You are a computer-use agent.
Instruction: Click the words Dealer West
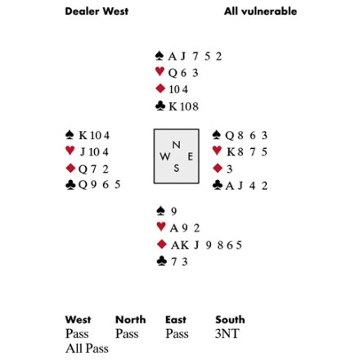click(97, 11)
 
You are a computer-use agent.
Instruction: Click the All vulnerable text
click(260, 11)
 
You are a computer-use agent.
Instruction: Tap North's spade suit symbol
click(160, 56)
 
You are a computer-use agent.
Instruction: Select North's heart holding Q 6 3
click(183, 73)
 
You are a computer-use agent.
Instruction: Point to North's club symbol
click(160, 106)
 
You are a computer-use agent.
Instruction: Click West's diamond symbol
click(70, 169)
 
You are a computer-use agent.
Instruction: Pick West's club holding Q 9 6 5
click(99, 185)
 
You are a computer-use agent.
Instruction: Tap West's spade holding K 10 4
click(94, 135)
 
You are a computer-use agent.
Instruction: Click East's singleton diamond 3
click(229, 169)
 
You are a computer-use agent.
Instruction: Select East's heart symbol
click(217, 151)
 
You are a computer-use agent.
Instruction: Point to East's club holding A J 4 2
click(246, 186)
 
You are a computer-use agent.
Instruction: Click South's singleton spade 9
click(173, 211)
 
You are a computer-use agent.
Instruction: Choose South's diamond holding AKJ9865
click(206, 245)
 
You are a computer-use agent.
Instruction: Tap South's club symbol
click(161, 261)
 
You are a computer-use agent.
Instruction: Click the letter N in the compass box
click(177, 145)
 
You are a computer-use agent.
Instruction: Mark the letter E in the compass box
click(190, 156)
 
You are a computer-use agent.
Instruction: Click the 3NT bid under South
click(227, 334)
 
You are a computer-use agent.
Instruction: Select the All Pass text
click(87, 349)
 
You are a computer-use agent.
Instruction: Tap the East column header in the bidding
click(176, 320)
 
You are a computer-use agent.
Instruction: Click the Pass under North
click(127, 334)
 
